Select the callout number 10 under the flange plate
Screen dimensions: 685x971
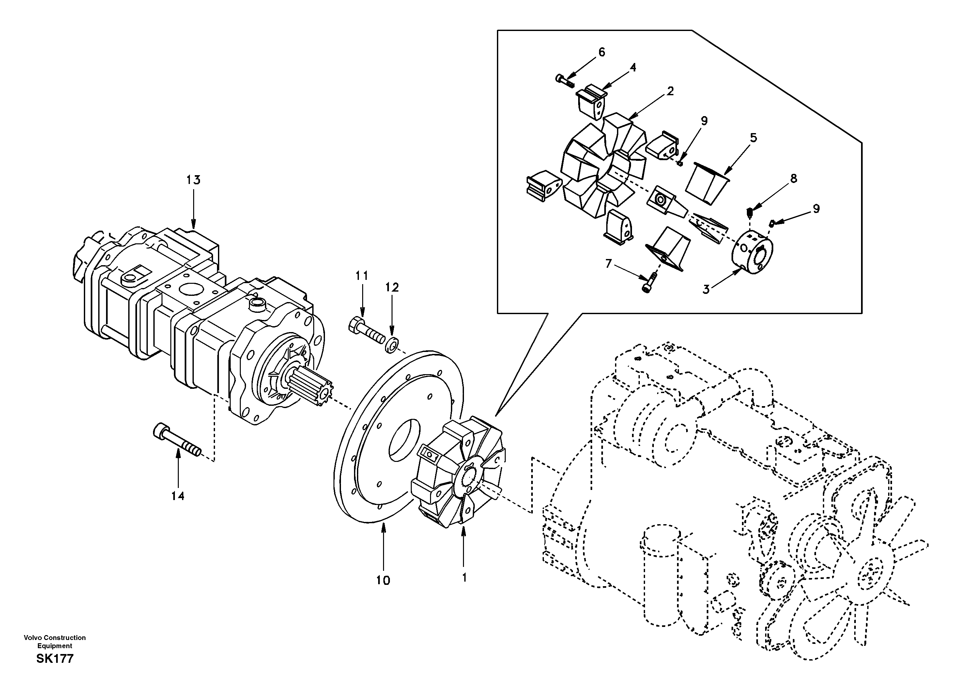(x=383, y=581)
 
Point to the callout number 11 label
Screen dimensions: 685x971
(x=362, y=276)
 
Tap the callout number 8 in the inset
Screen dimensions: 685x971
(x=794, y=179)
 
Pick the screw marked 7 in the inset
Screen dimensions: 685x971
(x=649, y=282)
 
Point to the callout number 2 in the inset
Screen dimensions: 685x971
(x=670, y=91)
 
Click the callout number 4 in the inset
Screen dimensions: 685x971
(x=633, y=68)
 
